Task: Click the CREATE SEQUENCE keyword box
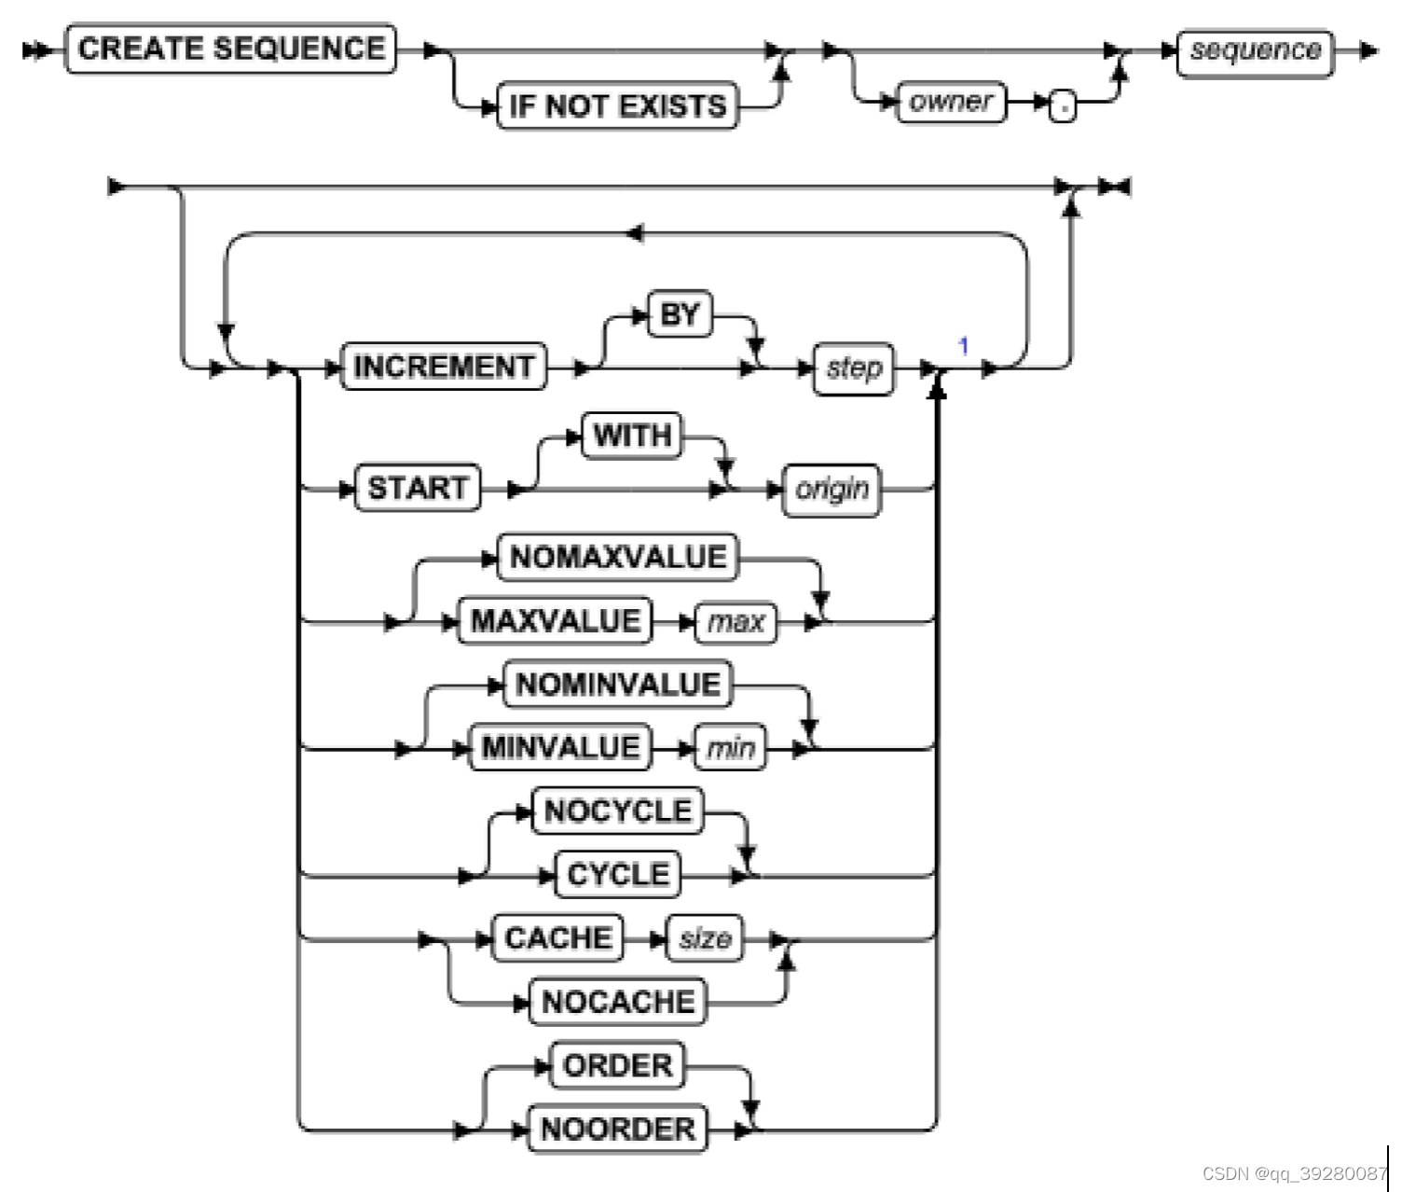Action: (230, 49)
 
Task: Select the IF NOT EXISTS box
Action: (617, 106)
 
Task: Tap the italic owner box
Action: (951, 102)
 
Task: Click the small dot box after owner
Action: (1062, 106)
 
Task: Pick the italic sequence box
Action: (1255, 51)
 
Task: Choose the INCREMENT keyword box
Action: (444, 367)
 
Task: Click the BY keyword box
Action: (680, 314)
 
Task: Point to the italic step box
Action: (854, 368)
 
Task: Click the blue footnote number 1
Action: (963, 346)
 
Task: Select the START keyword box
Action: (418, 488)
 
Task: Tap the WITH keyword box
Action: (632, 436)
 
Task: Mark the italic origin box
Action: (832, 490)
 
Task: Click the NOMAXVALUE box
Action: (618, 557)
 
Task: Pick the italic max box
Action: (735, 621)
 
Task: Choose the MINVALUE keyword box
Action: (561, 747)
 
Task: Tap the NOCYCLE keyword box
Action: (618, 811)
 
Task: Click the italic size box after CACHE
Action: (705, 938)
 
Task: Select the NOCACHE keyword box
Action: (618, 1001)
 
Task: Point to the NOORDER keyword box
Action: (618, 1129)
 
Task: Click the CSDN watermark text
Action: (1294, 1173)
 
